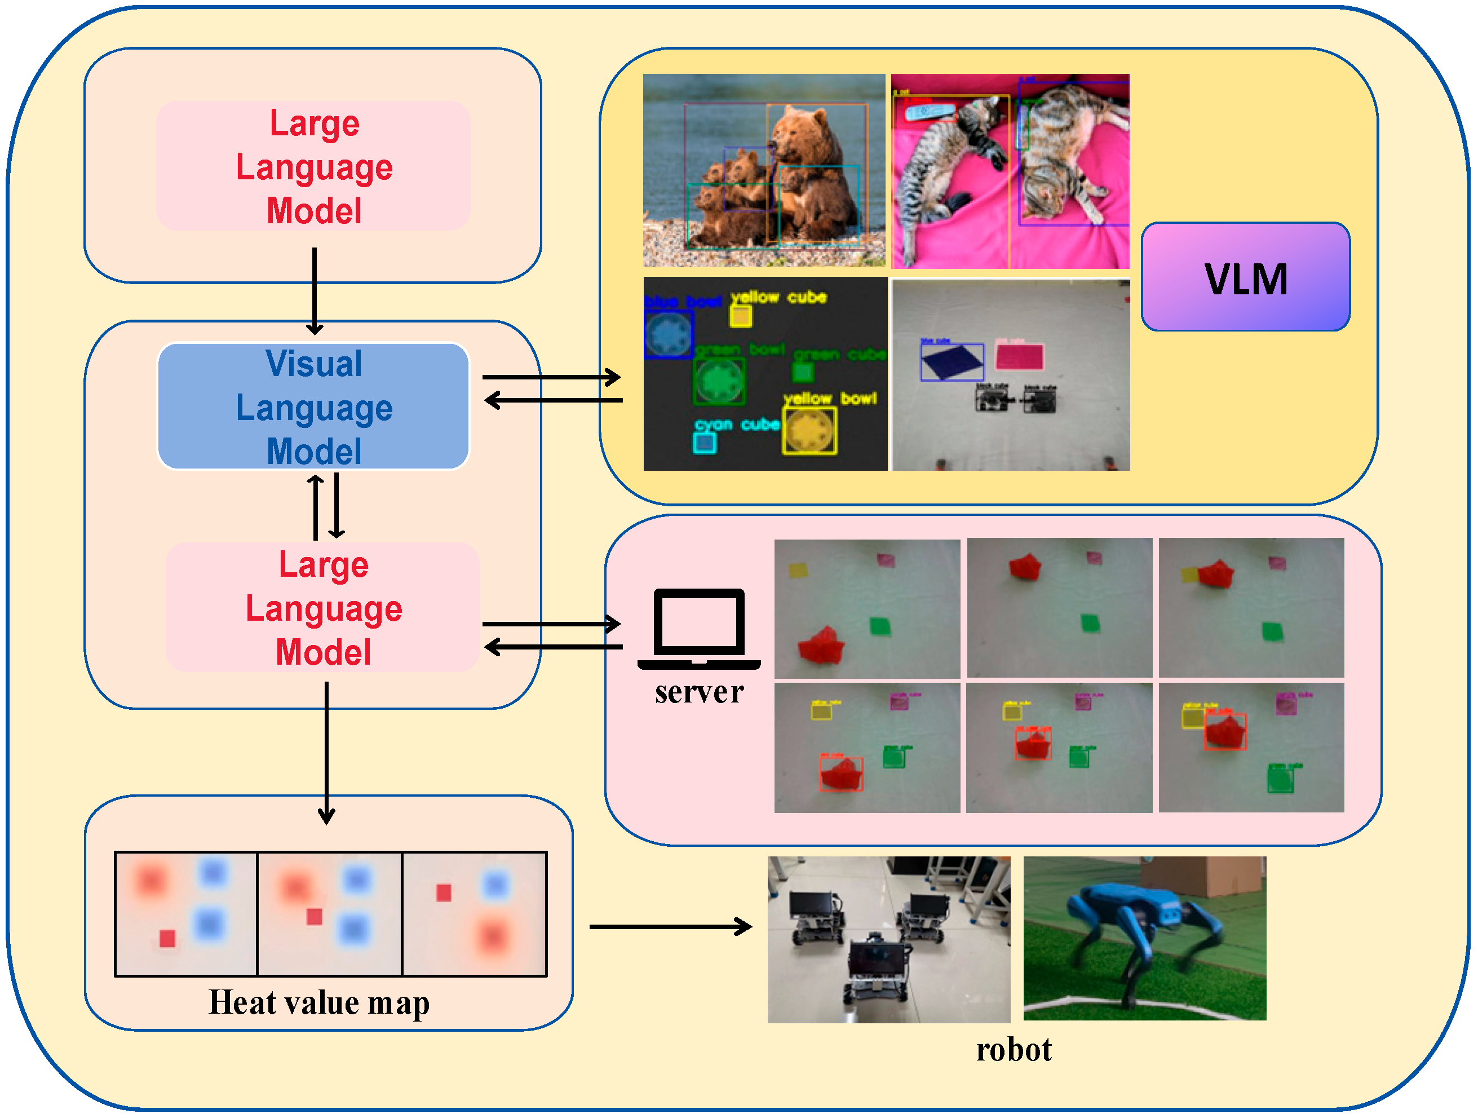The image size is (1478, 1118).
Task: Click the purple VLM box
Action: point(1245,277)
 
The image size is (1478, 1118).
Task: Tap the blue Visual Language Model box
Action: point(313,406)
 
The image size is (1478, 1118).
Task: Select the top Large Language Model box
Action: point(313,166)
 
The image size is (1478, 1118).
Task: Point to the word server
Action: point(699,692)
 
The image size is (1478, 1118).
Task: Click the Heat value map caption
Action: point(318,1002)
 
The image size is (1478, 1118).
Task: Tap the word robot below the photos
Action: point(1013,1050)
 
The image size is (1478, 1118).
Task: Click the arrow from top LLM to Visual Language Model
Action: point(314,291)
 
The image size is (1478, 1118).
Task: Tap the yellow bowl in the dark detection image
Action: point(809,431)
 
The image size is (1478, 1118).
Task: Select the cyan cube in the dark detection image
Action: point(704,443)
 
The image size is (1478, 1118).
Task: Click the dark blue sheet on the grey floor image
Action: point(951,361)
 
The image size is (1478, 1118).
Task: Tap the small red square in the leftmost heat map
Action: point(167,938)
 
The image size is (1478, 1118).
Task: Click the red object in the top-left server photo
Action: point(821,645)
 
